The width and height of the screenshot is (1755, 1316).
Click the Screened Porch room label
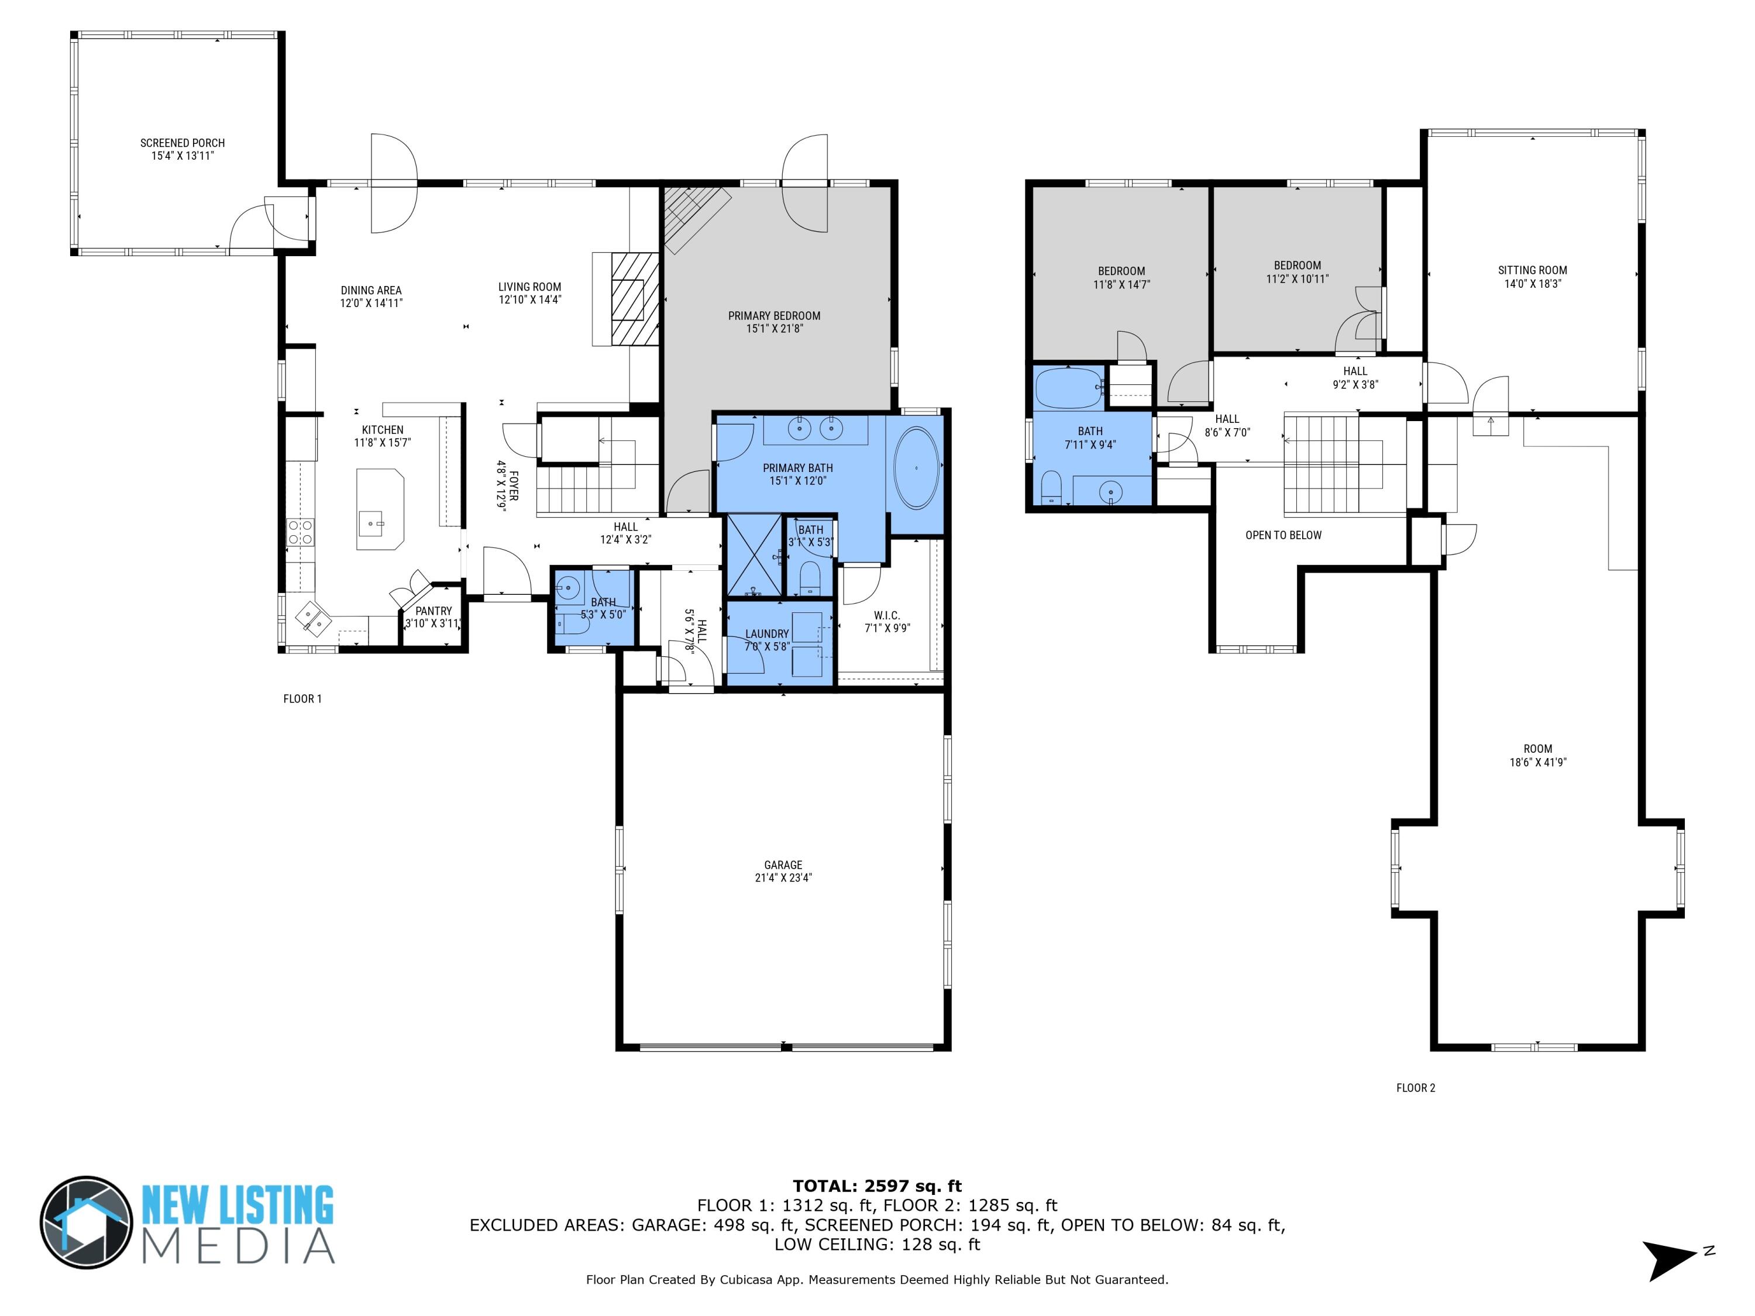tap(183, 143)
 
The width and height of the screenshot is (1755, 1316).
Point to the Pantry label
tap(433, 611)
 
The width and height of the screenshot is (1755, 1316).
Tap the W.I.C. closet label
tap(886, 615)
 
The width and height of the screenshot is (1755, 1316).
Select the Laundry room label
tap(766, 634)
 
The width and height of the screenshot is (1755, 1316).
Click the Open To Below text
tap(1283, 535)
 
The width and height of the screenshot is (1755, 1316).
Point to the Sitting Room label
tap(1532, 270)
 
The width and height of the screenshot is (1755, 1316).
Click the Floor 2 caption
tap(1416, 1087)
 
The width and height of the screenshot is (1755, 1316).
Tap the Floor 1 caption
tap(302, 699)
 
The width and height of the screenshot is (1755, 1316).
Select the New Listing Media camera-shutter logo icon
tap(87, 1222)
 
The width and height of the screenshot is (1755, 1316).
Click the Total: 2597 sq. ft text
tap(877, 1187)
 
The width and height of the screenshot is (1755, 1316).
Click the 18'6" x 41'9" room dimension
tap(1537, 762)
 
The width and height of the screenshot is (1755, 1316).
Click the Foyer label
tap(513, 485)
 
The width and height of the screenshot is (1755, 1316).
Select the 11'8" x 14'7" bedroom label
tap(1121, 284)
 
